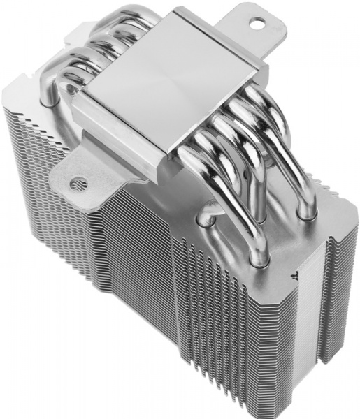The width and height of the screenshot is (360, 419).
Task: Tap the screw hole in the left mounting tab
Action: coord(78,184)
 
